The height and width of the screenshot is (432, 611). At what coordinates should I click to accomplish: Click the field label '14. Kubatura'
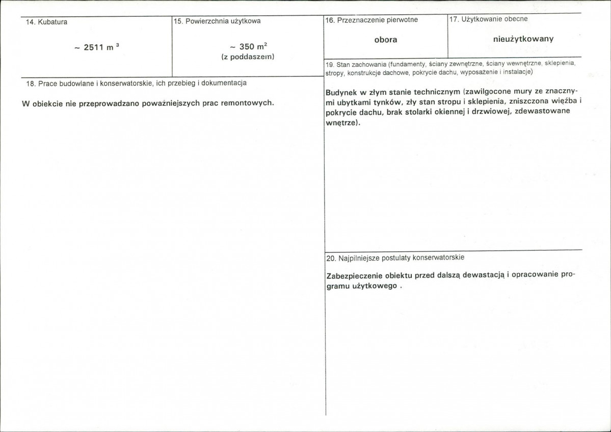pyautogui.click(x=46, y=22)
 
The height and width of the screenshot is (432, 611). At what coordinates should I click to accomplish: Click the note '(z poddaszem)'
pyautogui.click(x=248, y=57)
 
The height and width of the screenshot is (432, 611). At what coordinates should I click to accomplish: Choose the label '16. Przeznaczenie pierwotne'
pyautogui.click(x=371, y=20)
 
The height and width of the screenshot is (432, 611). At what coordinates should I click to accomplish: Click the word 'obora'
pyautogui.click(x=385, y=39)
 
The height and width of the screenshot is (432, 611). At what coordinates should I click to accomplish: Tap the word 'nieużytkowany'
pyautogui.click(x=523, y=39)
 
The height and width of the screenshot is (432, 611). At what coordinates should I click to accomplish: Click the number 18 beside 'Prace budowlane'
pyautogui.click(x=30, y=83)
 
